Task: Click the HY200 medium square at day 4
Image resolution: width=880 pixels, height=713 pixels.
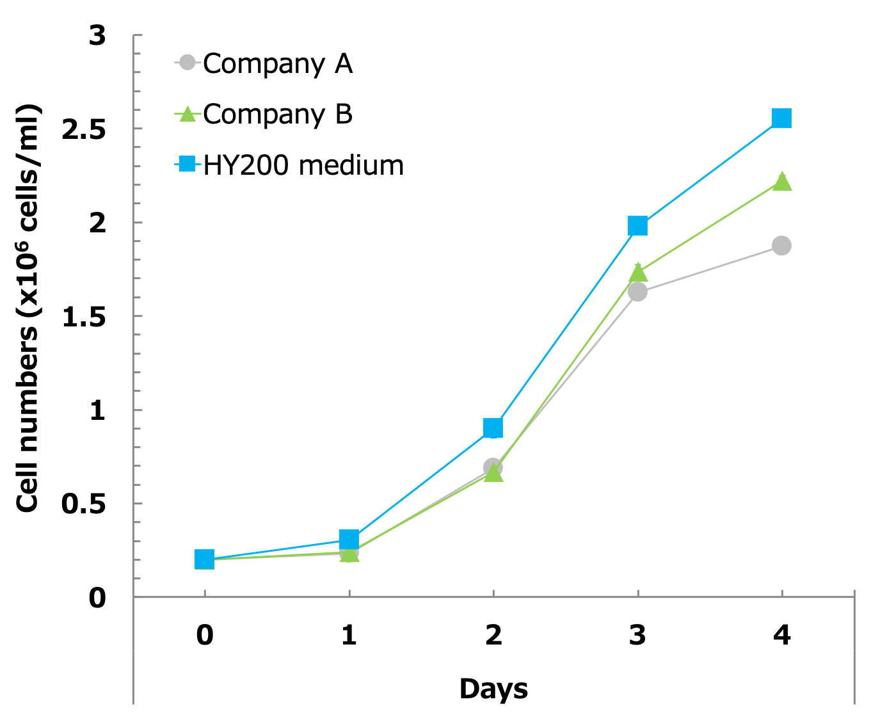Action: coord(781,118)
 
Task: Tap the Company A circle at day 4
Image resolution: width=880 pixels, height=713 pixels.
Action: coord(781,246)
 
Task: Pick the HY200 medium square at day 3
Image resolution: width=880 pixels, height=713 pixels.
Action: coord(637,226)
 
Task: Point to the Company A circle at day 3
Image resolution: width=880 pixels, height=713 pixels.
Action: coord(637,292)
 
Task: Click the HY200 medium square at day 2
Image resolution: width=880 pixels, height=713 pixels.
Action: coord(493,428)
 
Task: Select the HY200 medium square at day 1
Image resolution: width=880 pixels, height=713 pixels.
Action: coord(349,539)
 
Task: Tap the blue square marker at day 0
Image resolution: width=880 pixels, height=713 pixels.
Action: coord(204,559)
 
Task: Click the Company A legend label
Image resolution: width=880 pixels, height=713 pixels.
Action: coord(278,63)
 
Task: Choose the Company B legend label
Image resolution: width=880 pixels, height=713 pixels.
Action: coord(278,115)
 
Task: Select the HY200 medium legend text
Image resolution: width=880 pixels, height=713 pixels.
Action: coord(303,166)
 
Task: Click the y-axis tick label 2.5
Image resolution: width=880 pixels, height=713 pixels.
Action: coord(83,129)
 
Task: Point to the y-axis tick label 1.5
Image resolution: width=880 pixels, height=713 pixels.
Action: coord(83,317)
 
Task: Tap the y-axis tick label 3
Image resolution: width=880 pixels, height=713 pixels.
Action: coord(97,36)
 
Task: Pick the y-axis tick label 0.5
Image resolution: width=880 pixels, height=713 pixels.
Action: coord(83,504)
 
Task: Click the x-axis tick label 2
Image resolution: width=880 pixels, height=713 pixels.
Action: coord(493,635)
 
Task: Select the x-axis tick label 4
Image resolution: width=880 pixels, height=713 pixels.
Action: coord(781,635)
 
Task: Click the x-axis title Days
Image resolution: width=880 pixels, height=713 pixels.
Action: coord(493,689)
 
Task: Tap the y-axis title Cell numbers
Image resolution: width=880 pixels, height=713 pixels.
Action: coord(28,307)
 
